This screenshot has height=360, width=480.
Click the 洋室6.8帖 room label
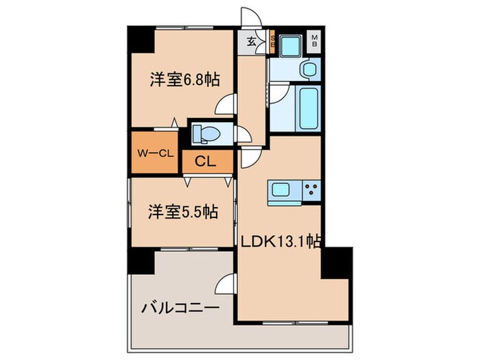coord(184,80)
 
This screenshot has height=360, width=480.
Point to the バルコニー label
coord(180,308)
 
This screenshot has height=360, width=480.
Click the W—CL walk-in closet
coord(154,153)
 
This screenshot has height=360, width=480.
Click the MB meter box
coord(315,40)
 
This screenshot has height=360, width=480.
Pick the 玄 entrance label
coord(251,42)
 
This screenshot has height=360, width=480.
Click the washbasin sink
coord(307,69)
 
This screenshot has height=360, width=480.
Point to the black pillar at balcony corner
coord(141,261)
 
